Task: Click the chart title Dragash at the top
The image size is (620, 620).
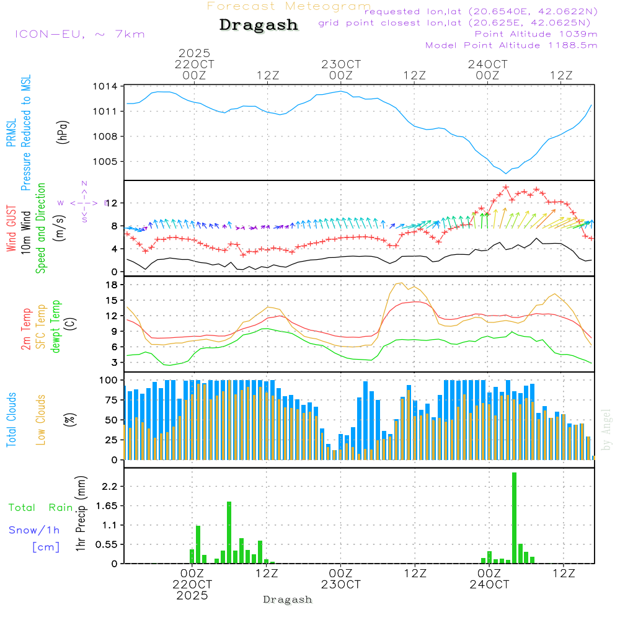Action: coord(259,25)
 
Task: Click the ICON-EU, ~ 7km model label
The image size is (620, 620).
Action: coord(79,34)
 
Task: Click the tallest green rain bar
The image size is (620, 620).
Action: coord(514,518)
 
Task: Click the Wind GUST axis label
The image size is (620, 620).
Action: coord(11,230)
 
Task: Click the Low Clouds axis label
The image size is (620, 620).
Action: coord(41,419)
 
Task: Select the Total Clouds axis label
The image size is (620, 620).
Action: coord(11,419)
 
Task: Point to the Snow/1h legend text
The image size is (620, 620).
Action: coord(34,530)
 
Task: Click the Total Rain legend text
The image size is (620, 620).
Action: coord(40,507)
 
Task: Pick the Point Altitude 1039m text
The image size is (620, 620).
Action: coord(536,33)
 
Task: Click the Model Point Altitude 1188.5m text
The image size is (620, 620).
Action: coord(511,45)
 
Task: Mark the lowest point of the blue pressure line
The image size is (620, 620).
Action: coord(506,173)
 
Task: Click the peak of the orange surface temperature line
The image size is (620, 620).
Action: coord(397,283)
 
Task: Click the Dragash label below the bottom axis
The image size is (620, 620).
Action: coord(288,600)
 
